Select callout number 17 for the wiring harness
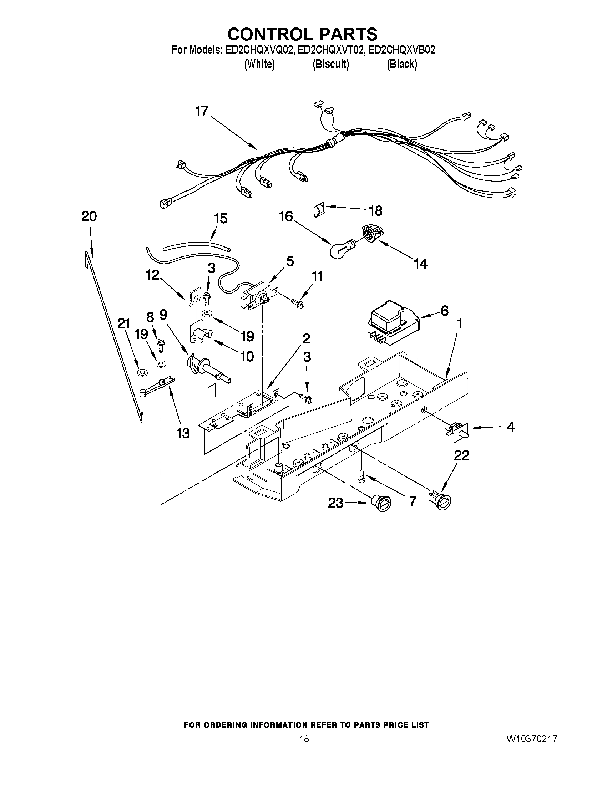[202, 111]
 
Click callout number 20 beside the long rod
[89, 217]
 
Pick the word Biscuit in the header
[330, 64]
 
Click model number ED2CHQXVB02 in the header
[402, 50]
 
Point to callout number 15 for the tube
[221, 219]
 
